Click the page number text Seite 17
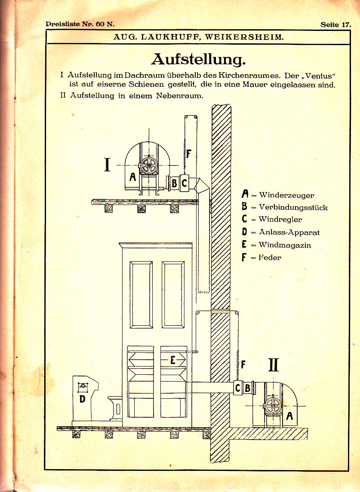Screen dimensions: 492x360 point(335,24)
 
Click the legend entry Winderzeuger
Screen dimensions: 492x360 point(286,195)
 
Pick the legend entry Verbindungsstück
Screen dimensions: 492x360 point(293,207)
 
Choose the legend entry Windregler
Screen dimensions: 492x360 point(280,219)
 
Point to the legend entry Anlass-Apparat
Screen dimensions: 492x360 point(289,232)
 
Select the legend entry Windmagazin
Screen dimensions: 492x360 point(285,245)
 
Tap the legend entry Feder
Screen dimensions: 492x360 point(270,257)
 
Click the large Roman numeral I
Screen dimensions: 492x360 point(107,165)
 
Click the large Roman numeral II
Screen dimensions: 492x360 point(274,365)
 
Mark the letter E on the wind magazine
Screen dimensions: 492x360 point(173,360)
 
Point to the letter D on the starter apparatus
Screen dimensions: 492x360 point(82,399)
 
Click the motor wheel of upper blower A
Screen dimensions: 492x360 point(149,165)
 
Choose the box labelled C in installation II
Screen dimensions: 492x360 point(237,388)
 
